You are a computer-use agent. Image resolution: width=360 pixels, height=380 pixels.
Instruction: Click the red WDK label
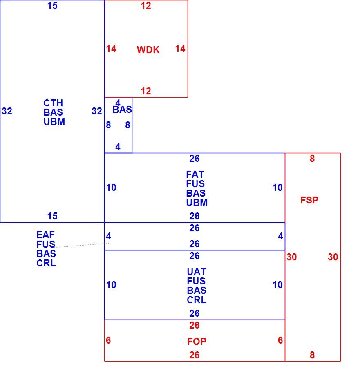click(148, 50)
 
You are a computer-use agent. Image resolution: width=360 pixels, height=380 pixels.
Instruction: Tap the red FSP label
click(309, 200)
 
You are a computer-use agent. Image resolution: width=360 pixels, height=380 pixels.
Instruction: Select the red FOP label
click(197, 342)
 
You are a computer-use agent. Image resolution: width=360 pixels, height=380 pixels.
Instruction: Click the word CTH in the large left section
click(53, 103)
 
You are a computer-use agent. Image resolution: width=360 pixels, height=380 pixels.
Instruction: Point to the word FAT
click(195, 174)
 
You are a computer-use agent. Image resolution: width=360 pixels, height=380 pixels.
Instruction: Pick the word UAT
click(197, 272)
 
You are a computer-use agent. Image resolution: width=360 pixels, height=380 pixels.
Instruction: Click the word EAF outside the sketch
click(46, 235)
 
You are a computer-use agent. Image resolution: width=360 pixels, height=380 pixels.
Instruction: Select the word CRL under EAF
click(46, 263)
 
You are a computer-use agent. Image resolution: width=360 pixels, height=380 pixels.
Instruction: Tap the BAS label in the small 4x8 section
click(123, 110)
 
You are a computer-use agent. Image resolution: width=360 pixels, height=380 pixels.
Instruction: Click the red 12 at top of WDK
click(146, 6)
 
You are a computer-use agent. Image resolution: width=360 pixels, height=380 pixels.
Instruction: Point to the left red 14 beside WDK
click(111, 49)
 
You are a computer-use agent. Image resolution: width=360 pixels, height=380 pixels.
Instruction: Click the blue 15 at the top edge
click(52, 6)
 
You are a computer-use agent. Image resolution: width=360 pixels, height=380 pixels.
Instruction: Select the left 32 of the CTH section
click(7, 111)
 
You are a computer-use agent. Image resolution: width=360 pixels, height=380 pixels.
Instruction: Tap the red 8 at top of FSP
click(312, 159)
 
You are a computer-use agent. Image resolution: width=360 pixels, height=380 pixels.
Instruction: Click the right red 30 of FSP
click(333, 257)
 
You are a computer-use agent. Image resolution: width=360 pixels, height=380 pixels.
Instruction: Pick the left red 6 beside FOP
click(108, 340)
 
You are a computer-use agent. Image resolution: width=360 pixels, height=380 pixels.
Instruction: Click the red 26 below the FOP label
click(195, 355)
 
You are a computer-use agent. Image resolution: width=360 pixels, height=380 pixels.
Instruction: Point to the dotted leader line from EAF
click(83, 245)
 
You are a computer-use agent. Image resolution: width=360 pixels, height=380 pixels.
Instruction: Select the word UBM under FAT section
click(197, 203)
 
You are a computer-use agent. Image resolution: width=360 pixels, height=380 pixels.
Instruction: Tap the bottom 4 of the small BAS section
click(118, 147)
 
